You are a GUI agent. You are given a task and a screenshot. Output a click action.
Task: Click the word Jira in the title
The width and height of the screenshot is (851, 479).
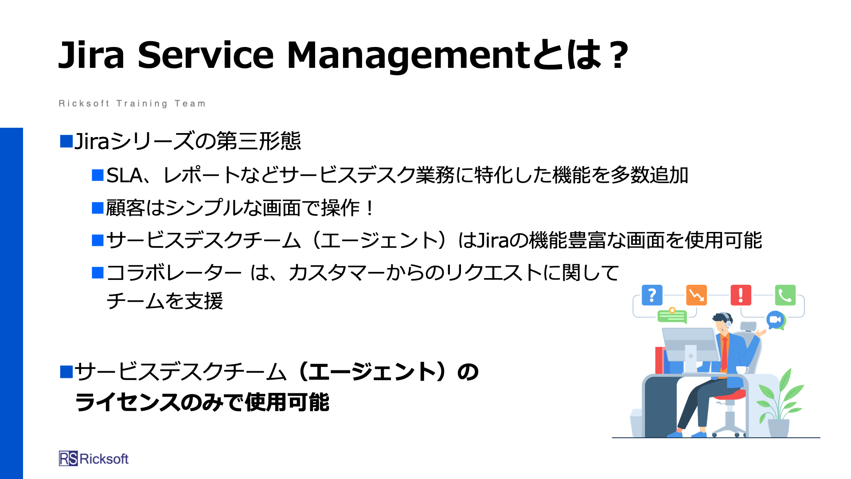91,55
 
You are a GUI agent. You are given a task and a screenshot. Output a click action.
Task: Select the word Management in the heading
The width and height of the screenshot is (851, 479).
408,56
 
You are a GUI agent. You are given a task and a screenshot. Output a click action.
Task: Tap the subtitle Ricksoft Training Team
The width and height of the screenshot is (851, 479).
132,104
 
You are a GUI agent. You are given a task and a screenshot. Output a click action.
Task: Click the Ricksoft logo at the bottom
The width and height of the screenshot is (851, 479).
94,459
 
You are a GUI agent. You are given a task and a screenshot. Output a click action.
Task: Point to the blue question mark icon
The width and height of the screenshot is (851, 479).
652,295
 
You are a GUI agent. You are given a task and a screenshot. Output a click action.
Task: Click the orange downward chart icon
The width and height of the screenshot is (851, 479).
696,295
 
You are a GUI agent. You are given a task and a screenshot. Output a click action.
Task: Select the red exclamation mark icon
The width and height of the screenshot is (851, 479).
741,295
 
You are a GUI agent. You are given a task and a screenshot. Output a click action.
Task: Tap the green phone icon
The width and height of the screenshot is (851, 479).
785,295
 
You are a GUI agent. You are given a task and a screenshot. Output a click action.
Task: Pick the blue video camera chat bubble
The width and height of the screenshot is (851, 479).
776,320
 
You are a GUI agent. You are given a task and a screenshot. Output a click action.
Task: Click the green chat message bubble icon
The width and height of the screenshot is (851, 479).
672,316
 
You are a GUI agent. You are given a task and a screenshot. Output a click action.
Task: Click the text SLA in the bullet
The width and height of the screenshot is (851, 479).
125,176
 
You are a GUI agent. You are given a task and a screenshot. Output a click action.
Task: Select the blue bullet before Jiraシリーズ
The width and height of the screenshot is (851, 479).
66,141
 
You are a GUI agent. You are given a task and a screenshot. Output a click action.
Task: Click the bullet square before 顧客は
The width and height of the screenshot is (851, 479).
98,208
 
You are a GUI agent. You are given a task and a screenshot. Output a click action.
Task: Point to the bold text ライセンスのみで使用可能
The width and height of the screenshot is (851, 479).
202,402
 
